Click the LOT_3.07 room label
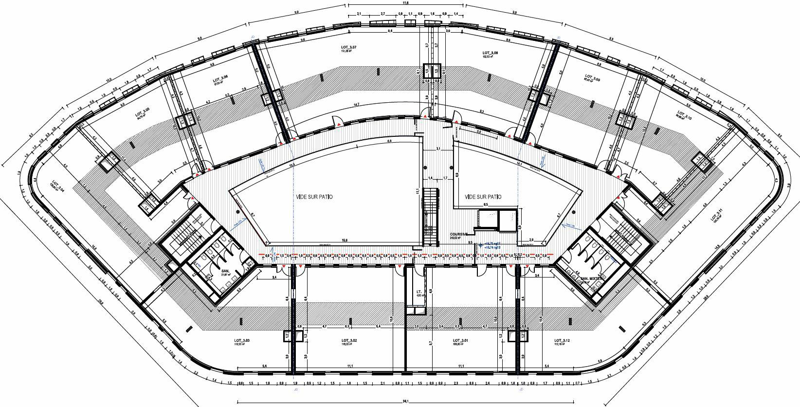349,47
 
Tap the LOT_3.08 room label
490,53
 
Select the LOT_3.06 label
220,79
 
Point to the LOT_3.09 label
592,77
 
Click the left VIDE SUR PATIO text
315,197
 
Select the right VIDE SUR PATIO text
483,197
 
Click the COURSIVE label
459,234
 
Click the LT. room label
419,292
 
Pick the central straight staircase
428,219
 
